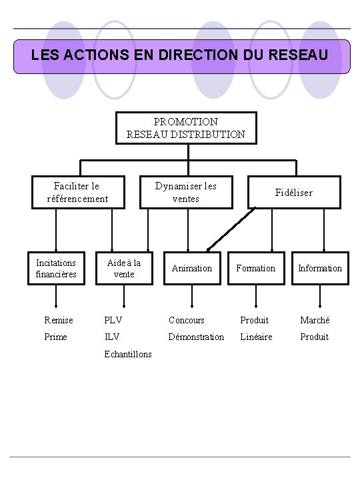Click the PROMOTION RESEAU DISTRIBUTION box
point(185,128)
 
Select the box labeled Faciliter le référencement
point(77,191)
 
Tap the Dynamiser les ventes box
point(185,191)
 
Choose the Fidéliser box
point(294,192)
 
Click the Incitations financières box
point(56,268)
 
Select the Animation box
point(192,268)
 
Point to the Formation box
point(256,268)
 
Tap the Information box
point(320,268)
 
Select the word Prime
point(55,337)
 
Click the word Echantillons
point(128,354)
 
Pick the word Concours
point(187,320)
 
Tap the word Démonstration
point(196,337)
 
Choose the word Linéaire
point(256,337)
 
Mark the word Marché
point(315,320)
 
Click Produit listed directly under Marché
point(314,337)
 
